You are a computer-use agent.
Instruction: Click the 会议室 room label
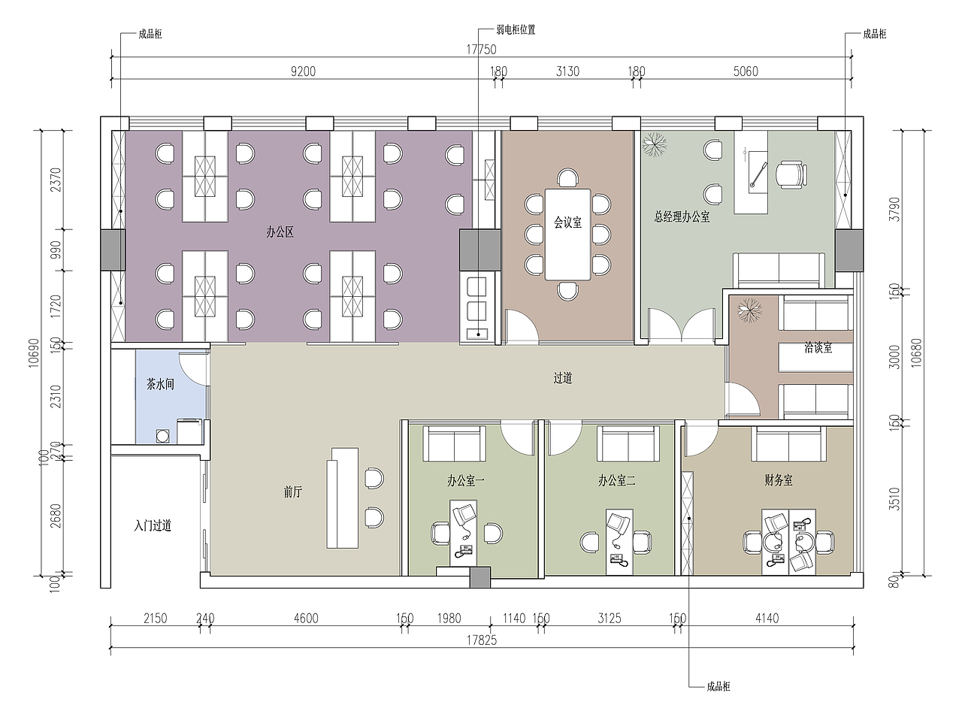tap(567, 222)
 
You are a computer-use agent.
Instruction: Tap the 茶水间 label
tap(160, 384)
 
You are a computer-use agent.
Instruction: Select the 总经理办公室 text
tap(682, 216)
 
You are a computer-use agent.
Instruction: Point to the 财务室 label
tap(778, 480)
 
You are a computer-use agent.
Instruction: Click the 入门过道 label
tap(153, 525)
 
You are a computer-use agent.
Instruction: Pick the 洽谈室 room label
tap(818, 347)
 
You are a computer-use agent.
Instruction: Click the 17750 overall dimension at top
tap(482, 50)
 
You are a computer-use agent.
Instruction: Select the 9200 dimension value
tap(303, 71)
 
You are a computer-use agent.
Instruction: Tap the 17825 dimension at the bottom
tap(482, 640)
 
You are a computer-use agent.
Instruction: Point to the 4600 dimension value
tap(306, 619)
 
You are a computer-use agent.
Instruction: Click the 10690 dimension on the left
tap(34, 352)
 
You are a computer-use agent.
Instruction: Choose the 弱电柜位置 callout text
tap(516, 29)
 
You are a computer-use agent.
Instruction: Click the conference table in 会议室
tap(567, 234)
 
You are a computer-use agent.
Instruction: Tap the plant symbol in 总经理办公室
tap(655, 144)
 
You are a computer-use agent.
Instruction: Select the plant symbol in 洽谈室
tap(750, 310)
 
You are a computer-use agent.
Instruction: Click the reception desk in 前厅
tap(342, 498)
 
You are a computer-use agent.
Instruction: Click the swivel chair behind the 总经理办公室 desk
tap(791, 175)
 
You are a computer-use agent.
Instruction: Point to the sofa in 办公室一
tap(455, 444)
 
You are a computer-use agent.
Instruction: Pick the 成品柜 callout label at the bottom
tap(718, 686)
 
